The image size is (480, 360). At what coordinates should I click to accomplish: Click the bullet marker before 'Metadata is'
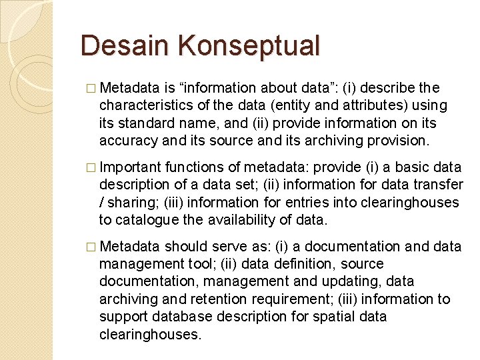click(x=91, y=89)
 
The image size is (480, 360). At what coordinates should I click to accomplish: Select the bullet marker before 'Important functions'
click(x=91, y=168)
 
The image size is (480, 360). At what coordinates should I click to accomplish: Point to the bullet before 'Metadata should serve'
click(x=91, y=247)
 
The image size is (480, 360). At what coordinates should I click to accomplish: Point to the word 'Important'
click(x=132, y=167)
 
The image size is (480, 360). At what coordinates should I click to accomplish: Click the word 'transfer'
click(x=438, y=185)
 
